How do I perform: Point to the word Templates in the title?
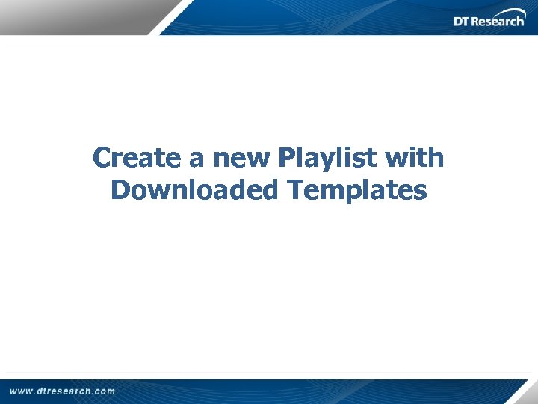[x=357, y=190]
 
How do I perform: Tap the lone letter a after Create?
[x=194, y=159]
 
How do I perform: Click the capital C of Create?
[x=102, y=158]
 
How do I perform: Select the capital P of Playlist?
[x=286, y=158]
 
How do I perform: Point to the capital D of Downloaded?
[x=120, y=190]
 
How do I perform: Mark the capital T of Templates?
[x=296, y=190]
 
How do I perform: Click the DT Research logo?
[x=489, y=19]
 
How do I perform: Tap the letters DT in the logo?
[x=463, y=22]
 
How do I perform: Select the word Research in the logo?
[x=499, y=22]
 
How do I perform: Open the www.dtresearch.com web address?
[x=63, y=391]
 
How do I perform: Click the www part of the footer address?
[x=20, y=391]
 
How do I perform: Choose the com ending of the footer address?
[x=105, y=391]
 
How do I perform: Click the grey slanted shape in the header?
[x=82, y=16]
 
